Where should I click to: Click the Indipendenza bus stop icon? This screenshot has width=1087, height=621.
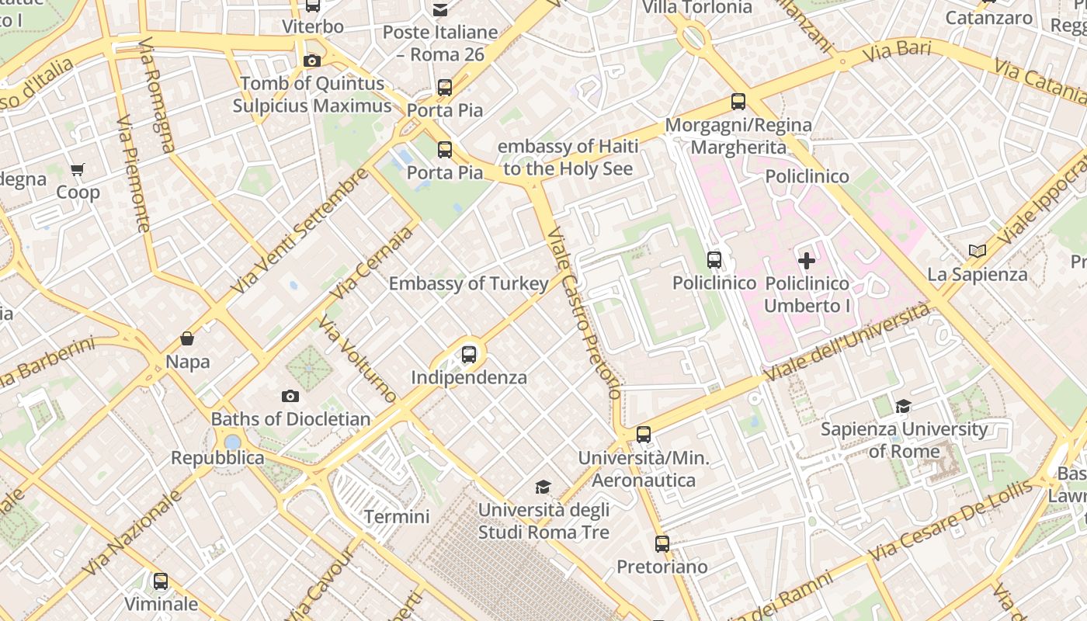click(x=469, y=355)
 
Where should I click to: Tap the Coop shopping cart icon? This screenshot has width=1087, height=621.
click(x=78, y=169)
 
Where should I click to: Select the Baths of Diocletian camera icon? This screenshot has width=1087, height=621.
click(x=290, y=397)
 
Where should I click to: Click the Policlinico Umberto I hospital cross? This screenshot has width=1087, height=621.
click(x=807, y=261)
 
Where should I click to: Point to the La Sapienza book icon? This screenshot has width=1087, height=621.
click(x=978, y=252)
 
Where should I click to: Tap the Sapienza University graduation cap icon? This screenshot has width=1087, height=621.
click(x=903, y=406)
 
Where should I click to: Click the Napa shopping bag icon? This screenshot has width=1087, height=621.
click(x=187, y=338)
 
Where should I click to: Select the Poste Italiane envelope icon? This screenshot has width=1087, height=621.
click(x=440, y=10)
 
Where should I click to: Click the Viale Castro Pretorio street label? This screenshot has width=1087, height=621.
click(x=584, y=312)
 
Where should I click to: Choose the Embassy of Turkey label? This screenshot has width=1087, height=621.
click(x=468, y=284)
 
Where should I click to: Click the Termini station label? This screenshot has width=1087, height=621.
click(x=397, y=516)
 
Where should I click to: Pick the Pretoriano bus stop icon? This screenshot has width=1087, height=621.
click(x=662, y=544)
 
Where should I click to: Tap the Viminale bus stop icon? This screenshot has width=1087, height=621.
click(x=161, y=581)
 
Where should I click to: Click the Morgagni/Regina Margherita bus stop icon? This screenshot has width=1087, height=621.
click(x=738, y=102)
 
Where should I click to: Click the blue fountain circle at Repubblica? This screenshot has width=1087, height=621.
click(x=232, y=442)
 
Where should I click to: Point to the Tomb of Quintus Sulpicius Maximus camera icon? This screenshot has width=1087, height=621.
click(x=312, y=61)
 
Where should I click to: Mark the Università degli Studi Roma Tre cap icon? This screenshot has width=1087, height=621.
click(x=543, y=487)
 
